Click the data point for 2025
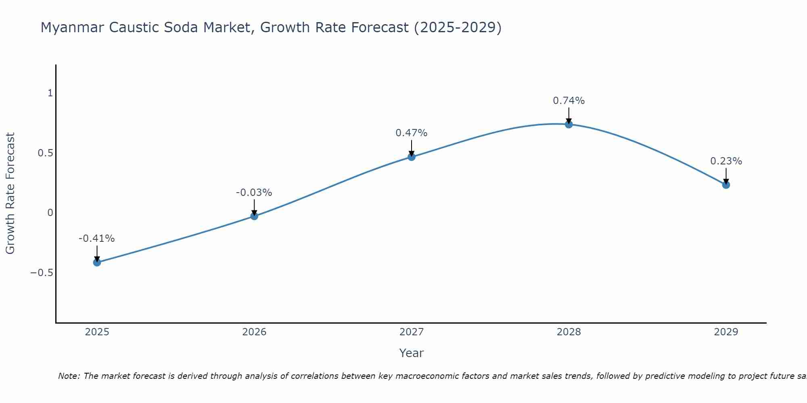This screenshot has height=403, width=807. click(x=97, y=262)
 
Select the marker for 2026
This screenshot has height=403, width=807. click(x=254, y=216)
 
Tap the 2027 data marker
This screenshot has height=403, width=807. click(x=412, y=157)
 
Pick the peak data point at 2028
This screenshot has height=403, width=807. click(x=569, y=124)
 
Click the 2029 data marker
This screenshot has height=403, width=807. click(x=726, y=185)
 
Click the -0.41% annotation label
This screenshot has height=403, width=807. click(x=97, y=239)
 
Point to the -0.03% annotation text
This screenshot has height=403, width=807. click(x=254, y=193)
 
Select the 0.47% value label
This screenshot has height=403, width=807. click(x=412, y=133)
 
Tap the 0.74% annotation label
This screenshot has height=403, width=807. click(x=569, y=101)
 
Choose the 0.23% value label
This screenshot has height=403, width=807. click(x=726, y=161)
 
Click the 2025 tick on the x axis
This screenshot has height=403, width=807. click(x=97, y=332)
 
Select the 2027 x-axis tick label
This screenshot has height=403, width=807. click(x=412, y=332)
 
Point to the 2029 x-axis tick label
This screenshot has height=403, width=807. click(x=726, y=332)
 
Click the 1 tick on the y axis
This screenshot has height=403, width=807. click(x=50, y=93)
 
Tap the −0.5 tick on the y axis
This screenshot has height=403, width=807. click(x=42, y=273)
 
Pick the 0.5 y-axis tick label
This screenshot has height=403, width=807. click(x=45, y=153)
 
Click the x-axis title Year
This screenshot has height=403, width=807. click(x=411, y=353)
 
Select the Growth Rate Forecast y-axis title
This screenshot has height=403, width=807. click(x=10, y=193)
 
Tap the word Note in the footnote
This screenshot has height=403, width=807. click(x=69, y=376)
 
